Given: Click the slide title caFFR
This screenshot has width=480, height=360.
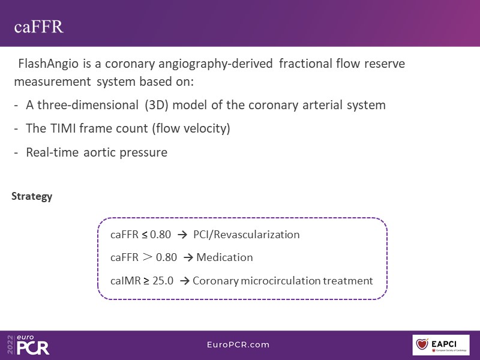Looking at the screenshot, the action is click(x=38, y=26).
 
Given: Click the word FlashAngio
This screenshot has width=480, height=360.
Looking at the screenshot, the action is click(x=48, y=64).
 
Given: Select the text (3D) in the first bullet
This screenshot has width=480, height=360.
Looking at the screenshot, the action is click(x=157, y=105).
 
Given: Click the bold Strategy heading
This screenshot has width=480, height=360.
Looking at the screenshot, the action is click(x=32, y=196).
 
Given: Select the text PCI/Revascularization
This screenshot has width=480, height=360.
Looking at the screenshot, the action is click(x=247, y=235).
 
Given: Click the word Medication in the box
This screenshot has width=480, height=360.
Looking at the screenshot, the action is click(x=224, y=257).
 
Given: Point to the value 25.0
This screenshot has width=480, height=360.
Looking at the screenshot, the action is click(x=163, y=280).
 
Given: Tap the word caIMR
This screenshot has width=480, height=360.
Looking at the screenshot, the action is click(x=125, y=280).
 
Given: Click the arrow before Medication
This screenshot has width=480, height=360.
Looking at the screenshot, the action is click(x=188, y=257).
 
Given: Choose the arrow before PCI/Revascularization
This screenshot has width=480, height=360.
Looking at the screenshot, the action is click(x=182, y=235).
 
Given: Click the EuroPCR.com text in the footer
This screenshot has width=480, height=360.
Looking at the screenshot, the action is click(x=238, y=344).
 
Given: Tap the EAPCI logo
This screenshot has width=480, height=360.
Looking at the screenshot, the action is click(x=441, y=344).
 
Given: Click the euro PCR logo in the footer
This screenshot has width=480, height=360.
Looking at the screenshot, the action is click(x=28, y=344).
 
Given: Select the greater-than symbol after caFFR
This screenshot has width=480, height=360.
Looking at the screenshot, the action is click(x=147, y=257).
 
